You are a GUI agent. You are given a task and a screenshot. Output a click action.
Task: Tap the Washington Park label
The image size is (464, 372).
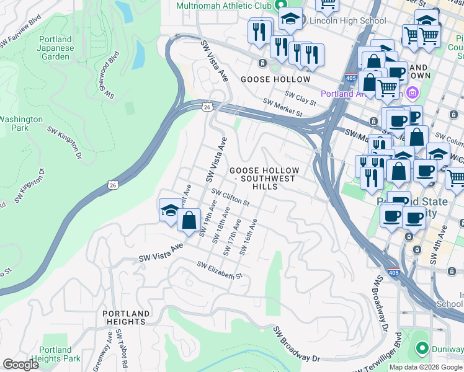[20, 123]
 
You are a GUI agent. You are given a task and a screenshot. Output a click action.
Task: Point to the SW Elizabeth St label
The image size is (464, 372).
[219, 270]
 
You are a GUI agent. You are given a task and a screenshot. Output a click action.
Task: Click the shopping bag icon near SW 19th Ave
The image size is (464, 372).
[189, 219]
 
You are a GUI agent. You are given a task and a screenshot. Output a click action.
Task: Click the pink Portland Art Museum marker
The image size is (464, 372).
[413, 94]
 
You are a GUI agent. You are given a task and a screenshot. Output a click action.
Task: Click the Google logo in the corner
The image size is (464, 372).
[20, 365]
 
